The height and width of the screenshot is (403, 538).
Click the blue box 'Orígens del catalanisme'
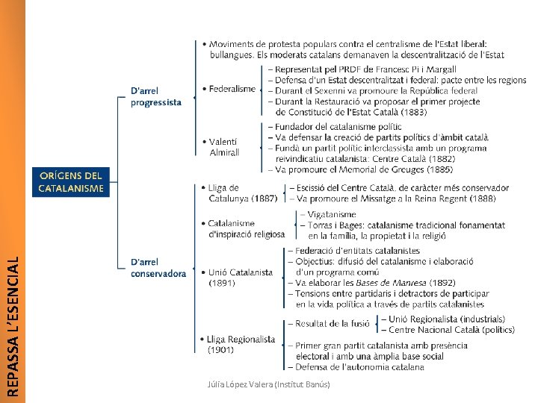click(x=71, y=181)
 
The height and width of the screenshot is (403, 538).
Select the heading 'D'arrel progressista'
click(x=155, y=97)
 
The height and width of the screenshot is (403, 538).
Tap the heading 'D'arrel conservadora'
click(x=158, y=268)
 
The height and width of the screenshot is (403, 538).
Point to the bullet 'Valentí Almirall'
click(x=223, y=146)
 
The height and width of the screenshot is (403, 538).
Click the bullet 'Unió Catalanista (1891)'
click(x=240, y=278)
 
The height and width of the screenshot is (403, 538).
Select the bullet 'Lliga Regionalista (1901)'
click(x=241, y=344)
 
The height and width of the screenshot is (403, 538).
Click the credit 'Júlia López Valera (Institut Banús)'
click(x=268, y=384)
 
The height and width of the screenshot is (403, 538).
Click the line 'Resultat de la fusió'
click(x=333, y=324)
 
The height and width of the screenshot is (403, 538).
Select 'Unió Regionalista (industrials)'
click(x=447, y=319)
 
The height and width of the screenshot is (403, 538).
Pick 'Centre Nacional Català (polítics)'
click(x=451, y=329)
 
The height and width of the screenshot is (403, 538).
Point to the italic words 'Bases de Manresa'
click(x=402, y=283)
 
